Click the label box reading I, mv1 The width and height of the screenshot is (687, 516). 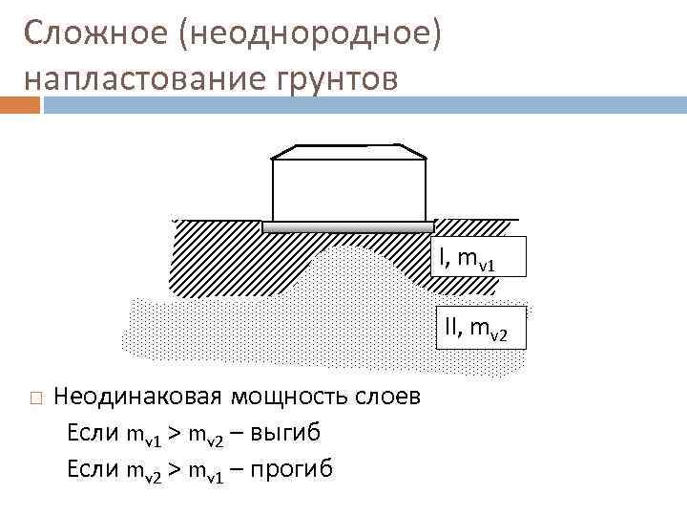click(x=477, y=257)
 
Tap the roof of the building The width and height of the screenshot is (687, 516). click(x=348, y=150)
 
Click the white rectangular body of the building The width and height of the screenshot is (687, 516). click(x=348, y=190)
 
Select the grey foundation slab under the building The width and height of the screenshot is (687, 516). click(x=348, y=228)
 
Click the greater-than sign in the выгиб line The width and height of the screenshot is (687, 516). click(x=173, y=434)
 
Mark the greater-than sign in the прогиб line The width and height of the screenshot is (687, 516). click(x=173, y=468)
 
